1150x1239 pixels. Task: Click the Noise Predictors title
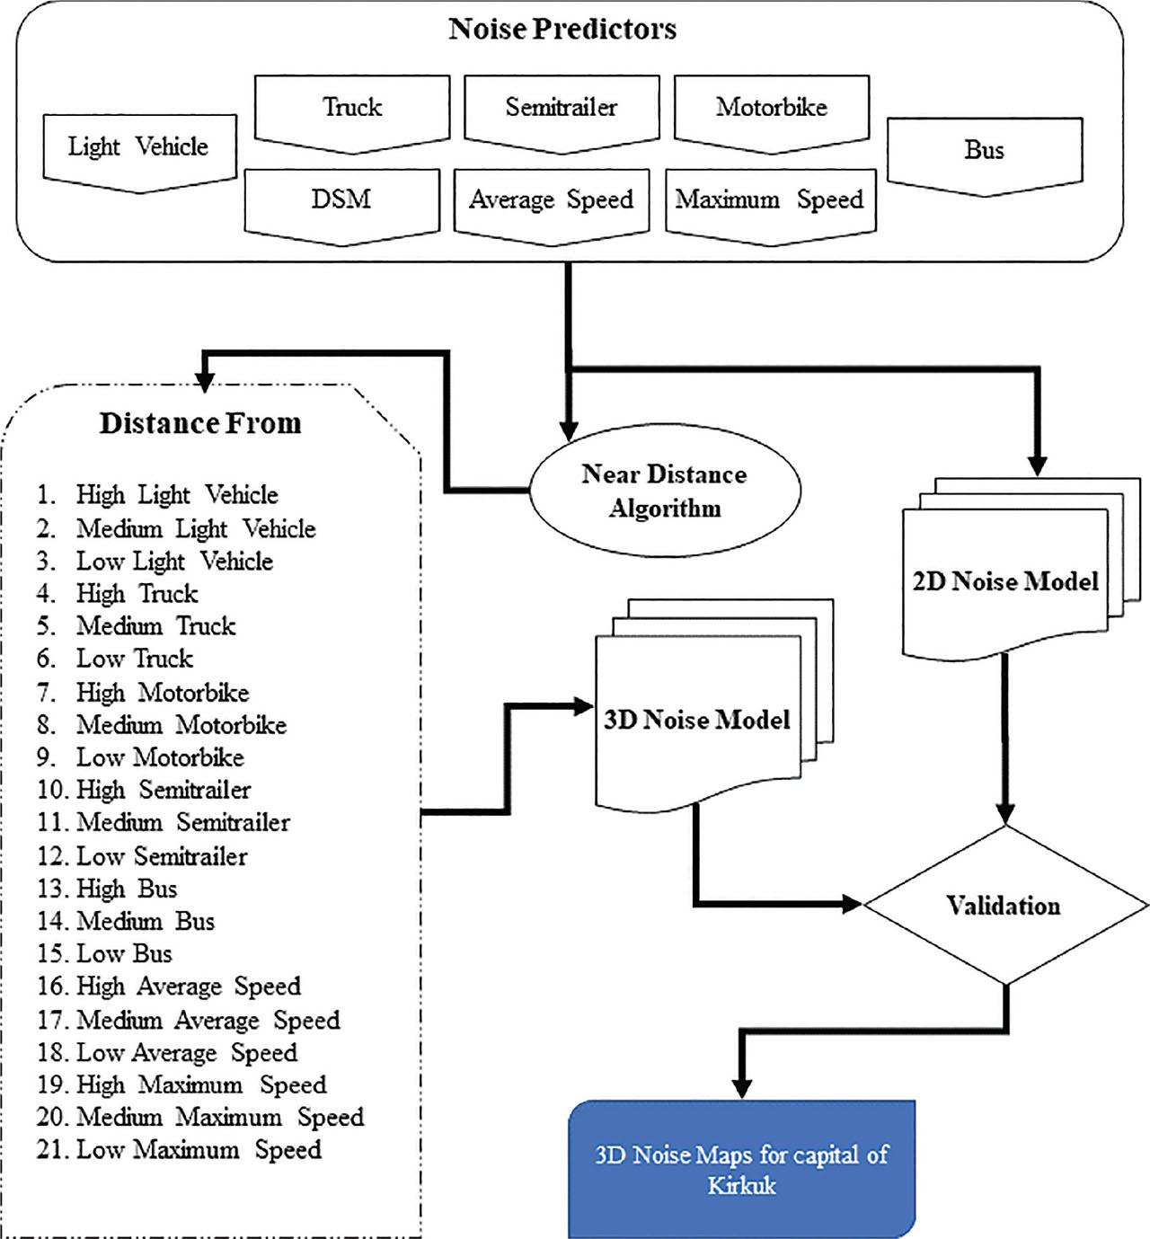562,29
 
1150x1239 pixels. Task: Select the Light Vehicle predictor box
138,148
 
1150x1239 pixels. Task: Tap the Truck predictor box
351,109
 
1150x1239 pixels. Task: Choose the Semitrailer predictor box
561,109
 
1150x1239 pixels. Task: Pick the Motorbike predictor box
771,109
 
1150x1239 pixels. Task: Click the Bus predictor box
984,151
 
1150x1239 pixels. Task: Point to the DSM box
341,199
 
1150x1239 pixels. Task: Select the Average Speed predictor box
551,200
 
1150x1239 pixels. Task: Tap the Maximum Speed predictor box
769,200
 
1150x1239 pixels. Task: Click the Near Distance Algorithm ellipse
664,491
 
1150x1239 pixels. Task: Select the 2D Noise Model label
1004,582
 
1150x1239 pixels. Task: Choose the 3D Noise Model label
696,721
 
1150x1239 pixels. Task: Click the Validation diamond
1004,906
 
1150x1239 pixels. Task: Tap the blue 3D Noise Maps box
741,1169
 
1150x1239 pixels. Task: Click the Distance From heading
199,423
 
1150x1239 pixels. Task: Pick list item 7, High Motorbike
144,693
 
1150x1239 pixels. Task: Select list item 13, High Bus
108,889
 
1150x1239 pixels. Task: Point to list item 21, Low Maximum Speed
180,1150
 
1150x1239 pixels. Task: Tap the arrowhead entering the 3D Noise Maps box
741,1087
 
